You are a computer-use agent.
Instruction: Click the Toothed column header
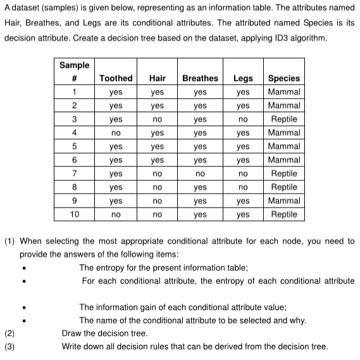[x=116, y=78]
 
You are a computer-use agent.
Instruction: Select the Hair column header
[x=158, y=78]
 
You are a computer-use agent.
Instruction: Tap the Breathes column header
[x=200, y=78]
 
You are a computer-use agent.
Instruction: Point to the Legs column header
[x=243, y=78]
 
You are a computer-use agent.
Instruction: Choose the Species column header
[x=284, y=78]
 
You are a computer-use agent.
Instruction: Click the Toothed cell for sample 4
[x=116, y=133]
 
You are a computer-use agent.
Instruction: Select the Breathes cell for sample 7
[x=200, y=173]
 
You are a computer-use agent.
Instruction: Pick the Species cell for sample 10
[x=284, y=214]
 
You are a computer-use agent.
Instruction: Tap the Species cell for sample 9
[x=284, y=201]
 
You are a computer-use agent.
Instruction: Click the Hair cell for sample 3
[x=158, y=119]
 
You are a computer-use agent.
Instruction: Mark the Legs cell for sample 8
[x=243, y=187]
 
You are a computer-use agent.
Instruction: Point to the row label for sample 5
[x=75, y=146]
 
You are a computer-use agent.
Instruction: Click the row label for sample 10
[x=75, y=214]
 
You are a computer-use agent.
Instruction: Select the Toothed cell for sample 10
[x=116, y=214]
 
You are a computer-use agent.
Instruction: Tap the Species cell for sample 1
[x=284, y=92]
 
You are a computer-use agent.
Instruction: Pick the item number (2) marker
[x=9, y=333]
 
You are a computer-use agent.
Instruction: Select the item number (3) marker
[x=9, y=346]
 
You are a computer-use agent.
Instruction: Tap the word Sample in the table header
[x=75, y=65]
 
